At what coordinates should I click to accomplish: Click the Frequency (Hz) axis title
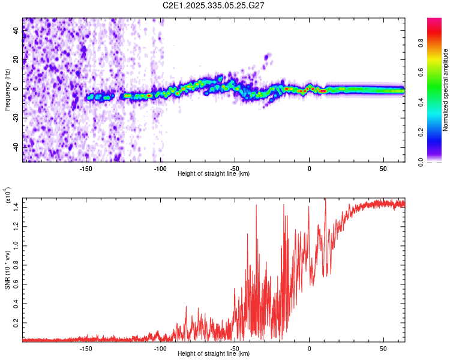[7, 89]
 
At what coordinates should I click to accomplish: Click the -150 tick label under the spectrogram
[85, 169]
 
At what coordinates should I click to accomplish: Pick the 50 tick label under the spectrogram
[383, 169]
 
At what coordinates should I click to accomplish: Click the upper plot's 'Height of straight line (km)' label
[214, 174]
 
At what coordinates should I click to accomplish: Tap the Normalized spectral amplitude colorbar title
[446, 89]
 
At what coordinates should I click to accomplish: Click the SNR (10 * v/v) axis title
[7, 268]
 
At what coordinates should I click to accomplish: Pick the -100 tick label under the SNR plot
[160, 348]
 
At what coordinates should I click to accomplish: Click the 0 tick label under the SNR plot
[309, 348]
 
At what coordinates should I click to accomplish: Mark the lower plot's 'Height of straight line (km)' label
[214, 353]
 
